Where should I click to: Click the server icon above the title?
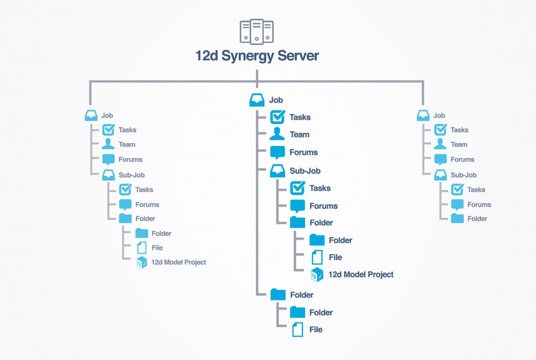[256, 32]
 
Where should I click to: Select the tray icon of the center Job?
[256, 100]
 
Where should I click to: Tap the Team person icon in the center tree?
[277, 134]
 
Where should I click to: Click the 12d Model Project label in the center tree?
[361, 274]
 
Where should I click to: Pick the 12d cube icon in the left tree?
[141, 262]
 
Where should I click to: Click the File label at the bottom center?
[316, 330]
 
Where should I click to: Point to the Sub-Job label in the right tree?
[464, 175]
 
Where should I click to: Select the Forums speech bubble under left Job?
[108, 160]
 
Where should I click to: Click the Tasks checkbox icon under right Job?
[441, 130]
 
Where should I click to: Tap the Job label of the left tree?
[107, 116]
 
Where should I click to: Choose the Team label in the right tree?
[459, 144]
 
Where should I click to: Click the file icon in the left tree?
[141, 248]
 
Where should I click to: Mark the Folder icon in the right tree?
[457, 218]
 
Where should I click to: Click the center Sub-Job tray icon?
[277, 171]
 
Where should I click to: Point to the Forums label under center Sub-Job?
[323, 206]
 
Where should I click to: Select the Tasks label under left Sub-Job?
[144, 189]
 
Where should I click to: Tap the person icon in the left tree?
[108, 144]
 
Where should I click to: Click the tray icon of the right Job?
[423, 116]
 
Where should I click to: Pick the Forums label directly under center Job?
[304, 152]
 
